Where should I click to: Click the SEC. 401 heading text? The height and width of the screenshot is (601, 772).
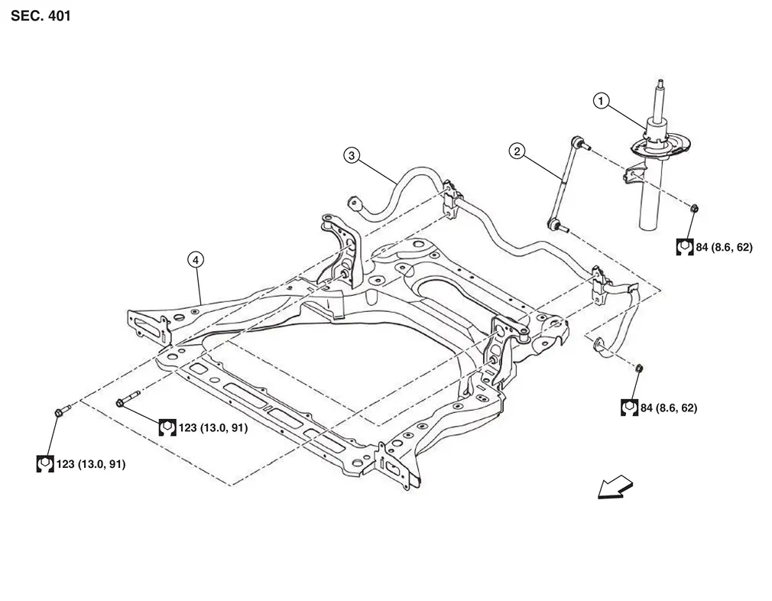click(x=41, y=15)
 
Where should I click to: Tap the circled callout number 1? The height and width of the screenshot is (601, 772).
click(x=602, y=100)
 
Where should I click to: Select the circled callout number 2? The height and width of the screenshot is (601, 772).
click(x=517, y=151)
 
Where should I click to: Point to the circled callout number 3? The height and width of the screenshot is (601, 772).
click(x=351, y=156)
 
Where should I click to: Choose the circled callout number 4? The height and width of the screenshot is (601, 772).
click(x=196, y=260)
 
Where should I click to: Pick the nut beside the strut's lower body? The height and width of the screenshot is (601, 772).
click(x=694, y=208)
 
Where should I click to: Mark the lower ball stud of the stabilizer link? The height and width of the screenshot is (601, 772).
click(x=556, y=224)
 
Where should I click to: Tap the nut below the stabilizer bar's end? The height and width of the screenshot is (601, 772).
click(x=640, y=369)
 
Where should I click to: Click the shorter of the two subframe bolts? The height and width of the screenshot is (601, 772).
click(x=60, y=411)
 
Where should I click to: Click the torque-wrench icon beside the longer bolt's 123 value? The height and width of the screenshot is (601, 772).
click(x=167, y=427)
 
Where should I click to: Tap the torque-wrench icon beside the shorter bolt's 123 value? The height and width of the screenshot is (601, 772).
click(x=45, y=463)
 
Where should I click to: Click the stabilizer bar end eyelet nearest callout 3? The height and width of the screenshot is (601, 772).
click(x=354, y=203)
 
